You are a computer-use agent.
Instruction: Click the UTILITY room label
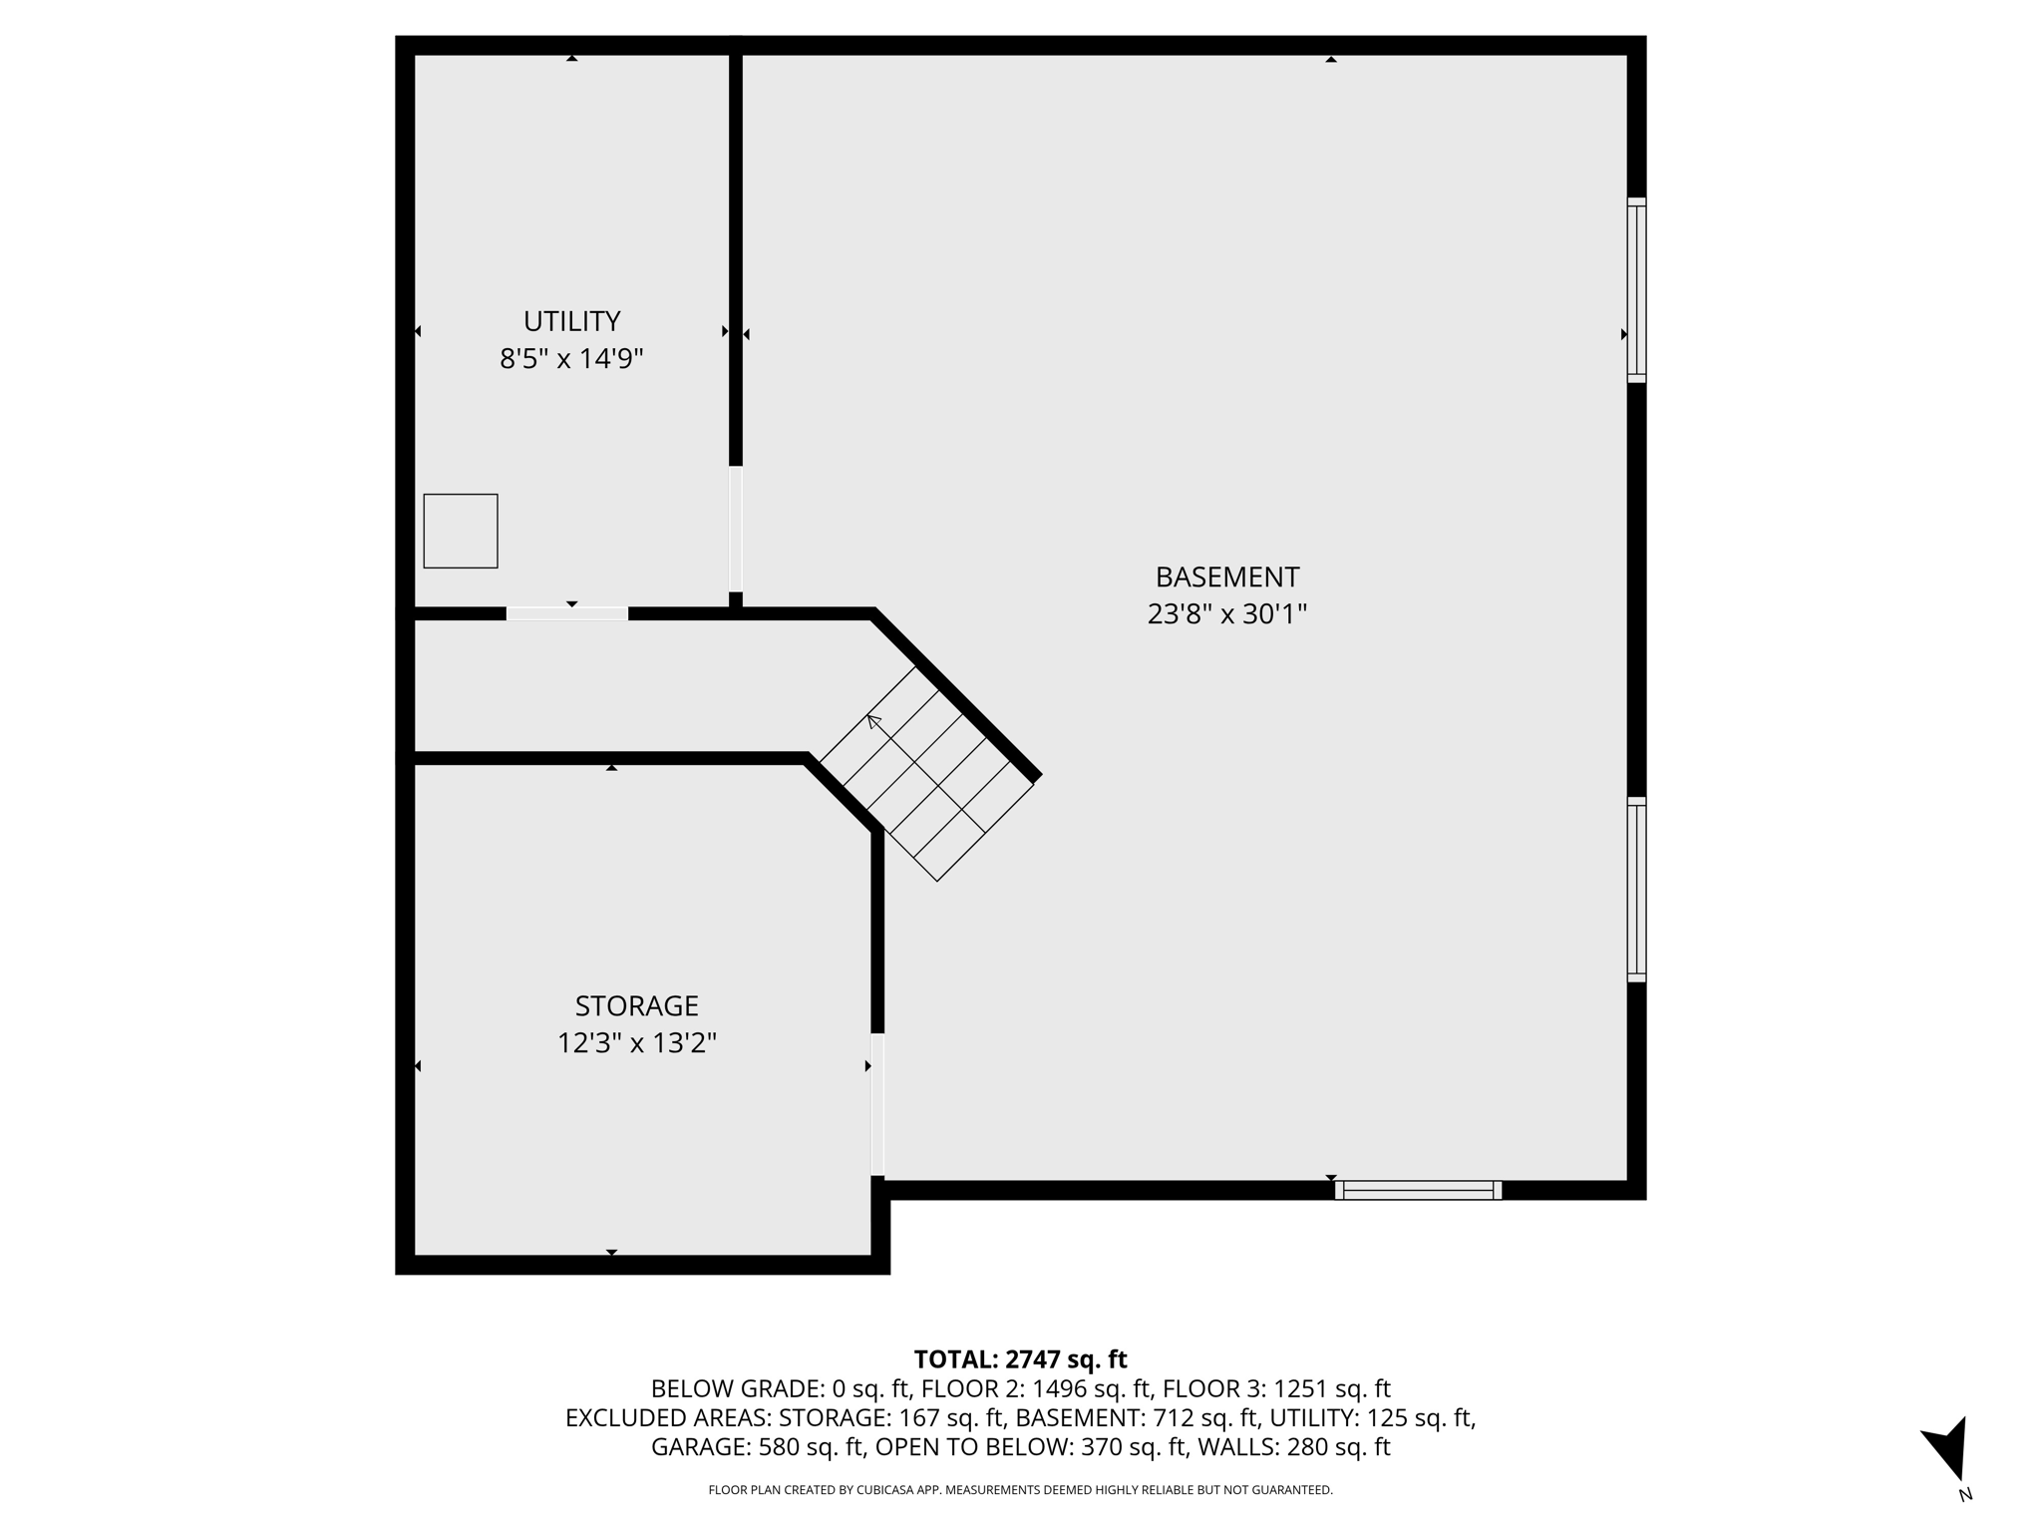pyautogui.click(x=571, y=321)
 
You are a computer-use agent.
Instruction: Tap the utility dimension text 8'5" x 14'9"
pyautogui.click(x=571, y=358)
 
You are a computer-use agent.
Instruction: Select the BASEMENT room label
pyautogui.click(x=1226, y=577)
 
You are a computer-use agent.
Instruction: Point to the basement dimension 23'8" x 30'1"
pyautogui.click(x=1226, y=614)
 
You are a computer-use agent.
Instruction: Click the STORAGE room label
pyautogui.click(x=636, y=1005)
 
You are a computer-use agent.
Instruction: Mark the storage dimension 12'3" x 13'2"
pyautogui.click(x=636, y=1043)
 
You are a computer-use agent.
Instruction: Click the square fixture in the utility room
pyautogui.click(x=461, y=532)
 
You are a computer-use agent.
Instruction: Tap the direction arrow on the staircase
pyautogui.click(x=874, y=721)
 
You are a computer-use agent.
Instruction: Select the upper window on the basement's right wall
pyautogui.click(x=1636, y=290)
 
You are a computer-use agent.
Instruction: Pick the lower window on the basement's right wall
pyautogui.click(x=1636, y=890)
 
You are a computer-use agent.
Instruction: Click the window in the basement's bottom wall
pyautogui.click(x=1418, y=1190)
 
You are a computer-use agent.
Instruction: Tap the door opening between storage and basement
pyautogui.click(x=877, y=1104)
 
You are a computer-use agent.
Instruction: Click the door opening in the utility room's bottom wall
pyautogui.click(x=567, y=613)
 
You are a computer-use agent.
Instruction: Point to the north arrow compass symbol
pyautogui.click(x=1948, y=1450)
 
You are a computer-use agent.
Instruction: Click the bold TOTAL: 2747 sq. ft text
pyautogui.click(x=1020, y=1359)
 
